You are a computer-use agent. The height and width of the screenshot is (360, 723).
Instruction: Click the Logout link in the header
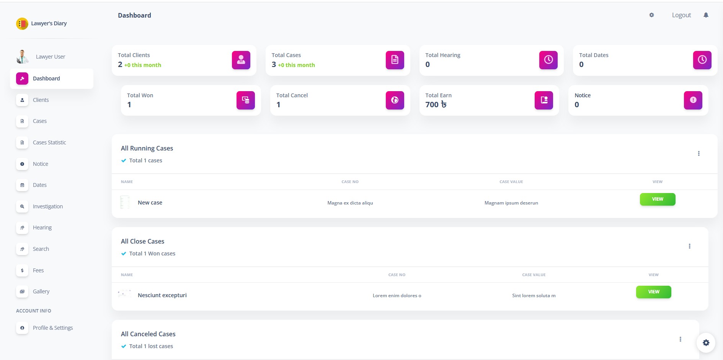(x=681, y=15)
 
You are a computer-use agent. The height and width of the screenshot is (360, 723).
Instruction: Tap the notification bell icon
(x=706, y=15)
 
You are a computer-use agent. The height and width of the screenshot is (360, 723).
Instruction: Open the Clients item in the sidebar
(x=41, y=100)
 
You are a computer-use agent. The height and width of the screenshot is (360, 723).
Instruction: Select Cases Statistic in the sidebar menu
(x=49, y=142)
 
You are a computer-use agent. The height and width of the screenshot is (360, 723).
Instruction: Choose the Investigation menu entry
(x=48, y=206)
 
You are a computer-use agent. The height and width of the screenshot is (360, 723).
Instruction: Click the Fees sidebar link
(x=38, y=270)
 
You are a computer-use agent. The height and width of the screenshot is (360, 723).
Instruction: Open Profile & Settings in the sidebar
(x=53, y=328)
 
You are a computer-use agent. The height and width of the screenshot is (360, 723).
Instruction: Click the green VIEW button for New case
(x=657, y=199)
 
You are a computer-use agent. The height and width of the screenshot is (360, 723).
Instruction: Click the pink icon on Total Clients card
(x=241, y=60)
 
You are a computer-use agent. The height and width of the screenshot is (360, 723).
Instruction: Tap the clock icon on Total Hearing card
(x=548, y=60)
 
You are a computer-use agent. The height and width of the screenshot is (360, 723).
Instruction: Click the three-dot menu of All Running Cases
(x=699, y=154)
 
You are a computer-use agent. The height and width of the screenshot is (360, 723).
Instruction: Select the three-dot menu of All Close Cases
(x=689, y=246)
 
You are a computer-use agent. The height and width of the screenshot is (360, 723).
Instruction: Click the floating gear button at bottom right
(x=706, y=343)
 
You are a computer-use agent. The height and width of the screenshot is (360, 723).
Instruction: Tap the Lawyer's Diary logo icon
(x=22, y=24)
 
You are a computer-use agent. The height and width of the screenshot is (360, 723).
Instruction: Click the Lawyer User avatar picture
(x=22, y=57)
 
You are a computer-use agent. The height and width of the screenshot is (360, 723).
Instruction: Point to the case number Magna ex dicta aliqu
(x=350, y=203)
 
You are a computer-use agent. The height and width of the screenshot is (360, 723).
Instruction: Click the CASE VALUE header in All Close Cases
(x=534, y=275)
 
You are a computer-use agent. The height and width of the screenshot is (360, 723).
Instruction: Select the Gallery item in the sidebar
(x=41, y=291)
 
